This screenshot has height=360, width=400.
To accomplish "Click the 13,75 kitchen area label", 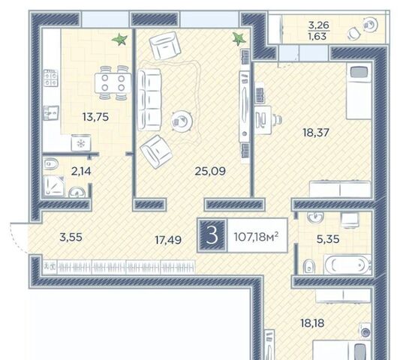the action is tap(95, 117).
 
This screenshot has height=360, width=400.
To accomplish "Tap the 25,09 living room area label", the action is tap(210, 171).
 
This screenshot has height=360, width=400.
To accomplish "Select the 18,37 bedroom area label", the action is tap(316, 133).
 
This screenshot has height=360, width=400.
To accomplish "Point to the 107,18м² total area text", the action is tap(256, 237).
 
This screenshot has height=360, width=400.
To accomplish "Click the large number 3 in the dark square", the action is tap(212, 235).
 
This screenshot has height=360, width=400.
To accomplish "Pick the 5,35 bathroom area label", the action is tap(328, 239).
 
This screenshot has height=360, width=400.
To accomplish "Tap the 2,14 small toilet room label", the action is tap(81, 171).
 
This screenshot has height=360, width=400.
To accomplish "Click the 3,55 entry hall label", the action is tap(71, 237).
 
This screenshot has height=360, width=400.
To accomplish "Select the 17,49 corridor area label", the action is tap(168, 240).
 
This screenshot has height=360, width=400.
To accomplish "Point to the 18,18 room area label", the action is tap(312, 323).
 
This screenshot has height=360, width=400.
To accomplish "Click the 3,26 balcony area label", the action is tap(319, 25).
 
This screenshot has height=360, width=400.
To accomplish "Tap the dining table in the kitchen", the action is tap(113, 83).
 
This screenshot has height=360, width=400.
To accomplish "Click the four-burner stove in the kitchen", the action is tap(51, 78).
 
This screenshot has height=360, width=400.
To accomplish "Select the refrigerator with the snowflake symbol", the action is tap(81, 142).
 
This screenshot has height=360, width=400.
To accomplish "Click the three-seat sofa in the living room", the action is tap(149, 100).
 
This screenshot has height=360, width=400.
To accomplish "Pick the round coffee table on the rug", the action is tap(182, 121).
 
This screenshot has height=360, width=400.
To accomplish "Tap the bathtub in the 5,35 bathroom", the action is tap(347, 265).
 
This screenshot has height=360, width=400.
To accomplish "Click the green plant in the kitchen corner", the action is tap(119, 40).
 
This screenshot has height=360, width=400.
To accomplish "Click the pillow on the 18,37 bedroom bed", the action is tap(359, 73).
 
